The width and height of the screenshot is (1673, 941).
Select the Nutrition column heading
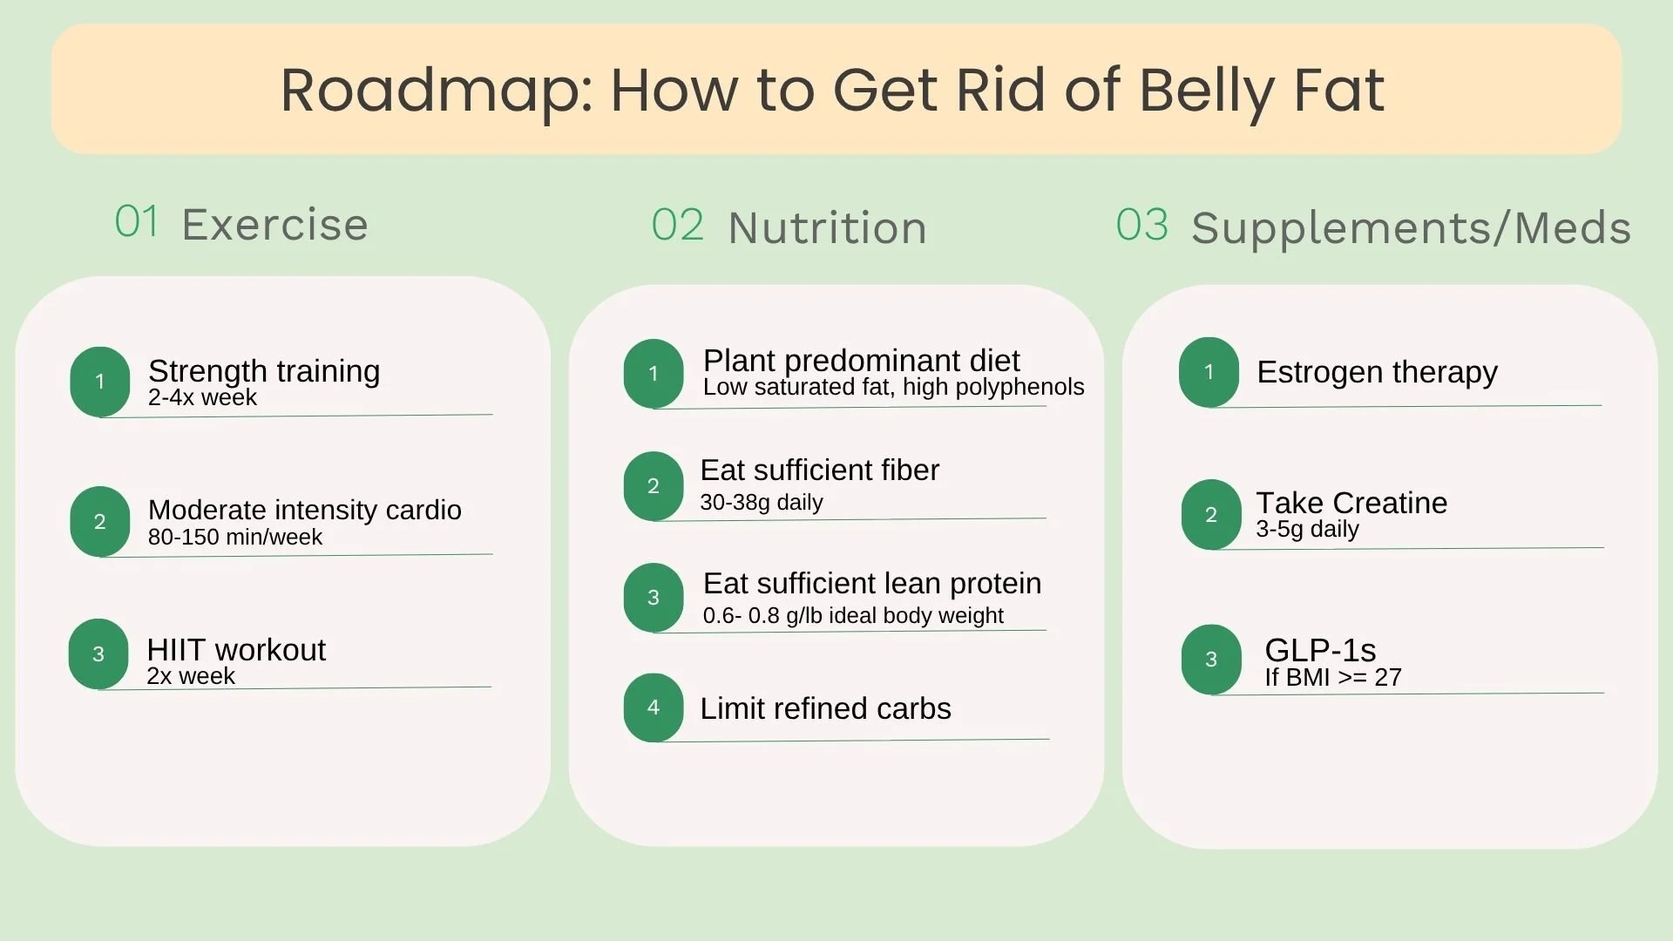pyautogui.click(x=827, y=228)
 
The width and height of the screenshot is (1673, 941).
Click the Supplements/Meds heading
pyautogui.click(x=1411, y=228)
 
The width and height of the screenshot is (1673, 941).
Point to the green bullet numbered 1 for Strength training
pyautogui.click(x=100, y=382)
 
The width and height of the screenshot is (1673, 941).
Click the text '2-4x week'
pyautogui.click(x=202, y=398)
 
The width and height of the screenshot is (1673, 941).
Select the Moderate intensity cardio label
pyautogui.click(x=305, y=510)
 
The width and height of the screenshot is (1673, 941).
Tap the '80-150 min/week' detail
pyautogui.click(x=235, y=537)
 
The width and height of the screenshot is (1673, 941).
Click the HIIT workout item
pyautogui.click(x=236, y=650)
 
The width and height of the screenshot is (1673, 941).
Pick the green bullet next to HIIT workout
pyautogui.click(x=98, y=654)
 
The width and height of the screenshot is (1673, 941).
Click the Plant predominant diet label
pyautogui.click(x=861, y=361)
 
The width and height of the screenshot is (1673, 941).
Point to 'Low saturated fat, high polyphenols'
pyautogui.click(x=894, y=387)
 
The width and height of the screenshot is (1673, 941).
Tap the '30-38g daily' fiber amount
pyautogui.click(x=762, y=503)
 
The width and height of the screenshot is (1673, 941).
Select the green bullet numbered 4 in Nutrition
pyautogui.click(x=654, y=707)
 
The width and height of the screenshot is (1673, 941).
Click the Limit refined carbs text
pyautogui.click(x=825, y=708)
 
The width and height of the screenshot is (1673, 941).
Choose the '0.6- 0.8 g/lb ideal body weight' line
pyautogui.click(x=853, y=616)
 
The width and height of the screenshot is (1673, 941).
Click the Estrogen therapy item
pyautogui.click(x=1377, y=372)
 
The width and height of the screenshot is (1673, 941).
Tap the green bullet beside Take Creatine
pyautogui.click(x=1211, y=515)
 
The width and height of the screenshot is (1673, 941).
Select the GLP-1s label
pyautogui.click(x=1320, y=650)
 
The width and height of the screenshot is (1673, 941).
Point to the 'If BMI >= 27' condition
pyautogui.click(x=1333, y=677)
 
